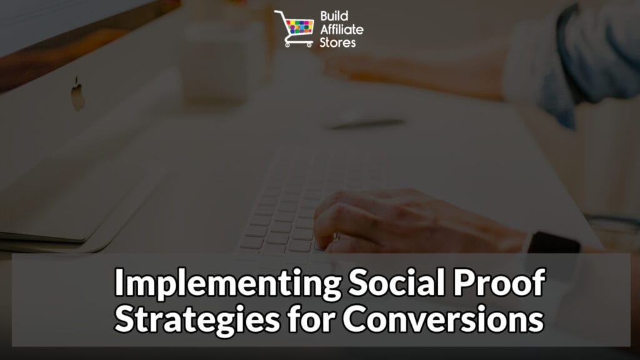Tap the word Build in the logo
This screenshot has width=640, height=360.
click(x=331, y=15)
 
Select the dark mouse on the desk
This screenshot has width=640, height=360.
click(x=366, y=123)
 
